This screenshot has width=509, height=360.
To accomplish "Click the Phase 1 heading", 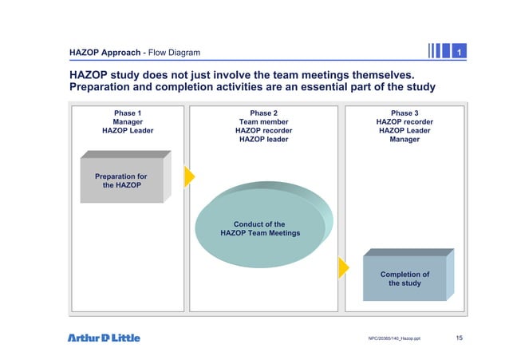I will [x=128, y=113].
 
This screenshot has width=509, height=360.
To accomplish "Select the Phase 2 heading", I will [x=263, y=113].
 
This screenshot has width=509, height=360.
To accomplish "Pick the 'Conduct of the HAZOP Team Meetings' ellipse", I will [x=260, y=229].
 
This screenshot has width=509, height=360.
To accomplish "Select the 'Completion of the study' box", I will [x=404, y=279].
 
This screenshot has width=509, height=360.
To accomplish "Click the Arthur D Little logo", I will [x=104, y=338].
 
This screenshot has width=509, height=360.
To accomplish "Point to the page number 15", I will [x=459, y=338].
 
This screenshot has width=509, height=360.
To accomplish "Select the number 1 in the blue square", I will [x=458, y=53].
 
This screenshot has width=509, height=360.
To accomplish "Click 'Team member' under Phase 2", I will [x=263, y=122].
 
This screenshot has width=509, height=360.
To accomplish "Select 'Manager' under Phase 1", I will [x=128, y=122].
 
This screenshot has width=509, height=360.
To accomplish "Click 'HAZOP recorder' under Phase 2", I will [x=263, y=131].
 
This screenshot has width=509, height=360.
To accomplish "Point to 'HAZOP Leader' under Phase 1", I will [x=128, y=131].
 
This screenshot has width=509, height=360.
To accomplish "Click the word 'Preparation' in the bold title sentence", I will [x=105, y=87].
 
